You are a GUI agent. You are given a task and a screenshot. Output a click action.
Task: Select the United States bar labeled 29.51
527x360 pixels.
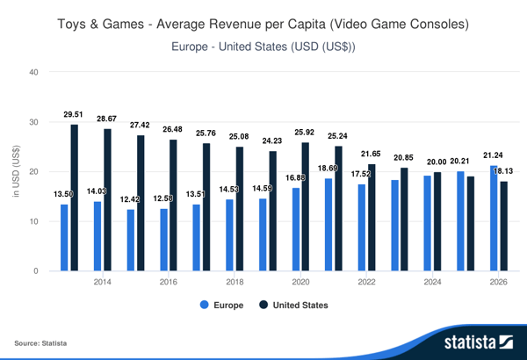(75, 198)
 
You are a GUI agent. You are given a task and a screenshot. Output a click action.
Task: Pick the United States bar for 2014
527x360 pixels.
(108, 199)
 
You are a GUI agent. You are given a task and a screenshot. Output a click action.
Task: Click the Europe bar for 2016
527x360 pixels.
(163, 240)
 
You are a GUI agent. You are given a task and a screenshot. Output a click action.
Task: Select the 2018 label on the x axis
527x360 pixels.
(235, 282)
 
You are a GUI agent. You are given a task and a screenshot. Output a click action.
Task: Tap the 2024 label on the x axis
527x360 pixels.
(432, 282)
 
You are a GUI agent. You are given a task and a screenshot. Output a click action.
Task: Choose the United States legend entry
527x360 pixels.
(293, 306)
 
